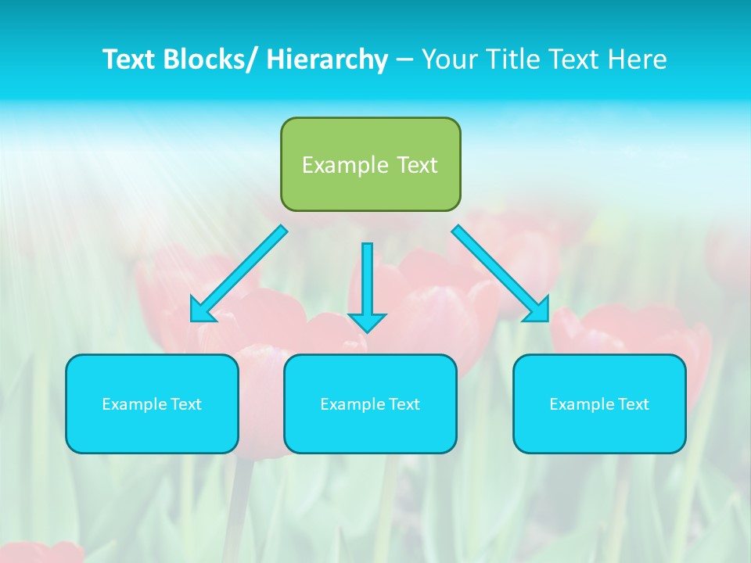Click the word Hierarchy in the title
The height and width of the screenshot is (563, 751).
pyautogui.click(x=326, y=59)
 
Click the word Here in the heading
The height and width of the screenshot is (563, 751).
pyautogui.click(x=638, y=59)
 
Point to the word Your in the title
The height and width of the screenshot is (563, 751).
pyautogui.click(x=449, y=59)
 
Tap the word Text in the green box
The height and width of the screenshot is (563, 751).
pyautogui.click(x=417, y=165)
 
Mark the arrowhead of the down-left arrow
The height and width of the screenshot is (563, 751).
pyautogui.click(x=202, y=311)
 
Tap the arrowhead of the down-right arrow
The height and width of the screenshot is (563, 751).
pyautogui.click(x=538, y=311)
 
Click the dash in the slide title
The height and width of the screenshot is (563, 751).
pyautogui.click(x=404, y=59)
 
